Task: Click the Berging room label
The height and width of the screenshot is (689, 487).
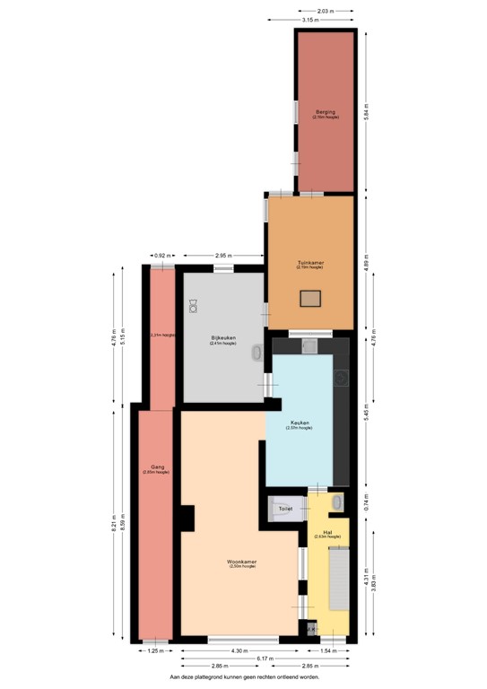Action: pos(325,112)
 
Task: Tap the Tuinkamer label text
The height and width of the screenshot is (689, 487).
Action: pos(311,263)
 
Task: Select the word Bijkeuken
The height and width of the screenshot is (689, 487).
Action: pos(222,338)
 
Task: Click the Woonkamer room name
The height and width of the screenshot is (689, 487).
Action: pos(242,562)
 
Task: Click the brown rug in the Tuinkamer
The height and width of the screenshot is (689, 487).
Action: pos(310,299)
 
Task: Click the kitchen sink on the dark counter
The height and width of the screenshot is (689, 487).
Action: pos(309,345)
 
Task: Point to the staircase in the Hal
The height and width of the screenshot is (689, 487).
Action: pos(338,578)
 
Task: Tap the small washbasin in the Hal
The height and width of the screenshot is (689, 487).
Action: pos(337,502)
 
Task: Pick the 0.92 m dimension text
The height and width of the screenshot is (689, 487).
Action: pos(161,256)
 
